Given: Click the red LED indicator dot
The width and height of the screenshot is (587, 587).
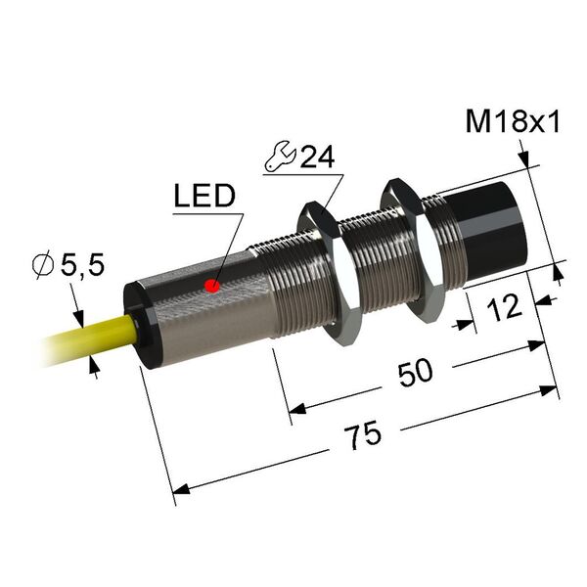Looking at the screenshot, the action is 212,286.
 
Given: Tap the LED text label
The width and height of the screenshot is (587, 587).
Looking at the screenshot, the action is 204,196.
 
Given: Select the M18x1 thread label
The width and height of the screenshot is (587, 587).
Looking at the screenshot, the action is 513,121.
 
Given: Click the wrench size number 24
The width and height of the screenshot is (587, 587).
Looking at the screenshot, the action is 317,157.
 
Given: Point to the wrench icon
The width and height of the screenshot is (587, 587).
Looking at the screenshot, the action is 281,157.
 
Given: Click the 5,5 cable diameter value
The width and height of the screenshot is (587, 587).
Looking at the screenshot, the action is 82,265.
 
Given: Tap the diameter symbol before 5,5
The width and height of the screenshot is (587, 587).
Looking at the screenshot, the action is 43,265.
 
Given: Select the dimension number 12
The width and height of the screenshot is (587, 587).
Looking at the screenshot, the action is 504,308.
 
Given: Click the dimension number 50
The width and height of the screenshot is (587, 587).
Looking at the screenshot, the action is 415,373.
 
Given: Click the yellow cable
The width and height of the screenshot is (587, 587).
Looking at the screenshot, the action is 91,339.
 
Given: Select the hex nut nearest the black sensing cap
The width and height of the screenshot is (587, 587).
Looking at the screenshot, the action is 413,248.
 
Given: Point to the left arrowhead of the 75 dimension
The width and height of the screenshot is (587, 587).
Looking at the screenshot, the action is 180,489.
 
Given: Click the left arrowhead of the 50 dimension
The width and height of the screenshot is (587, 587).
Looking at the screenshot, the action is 297,409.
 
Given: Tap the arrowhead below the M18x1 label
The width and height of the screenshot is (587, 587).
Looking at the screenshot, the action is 524,158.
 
